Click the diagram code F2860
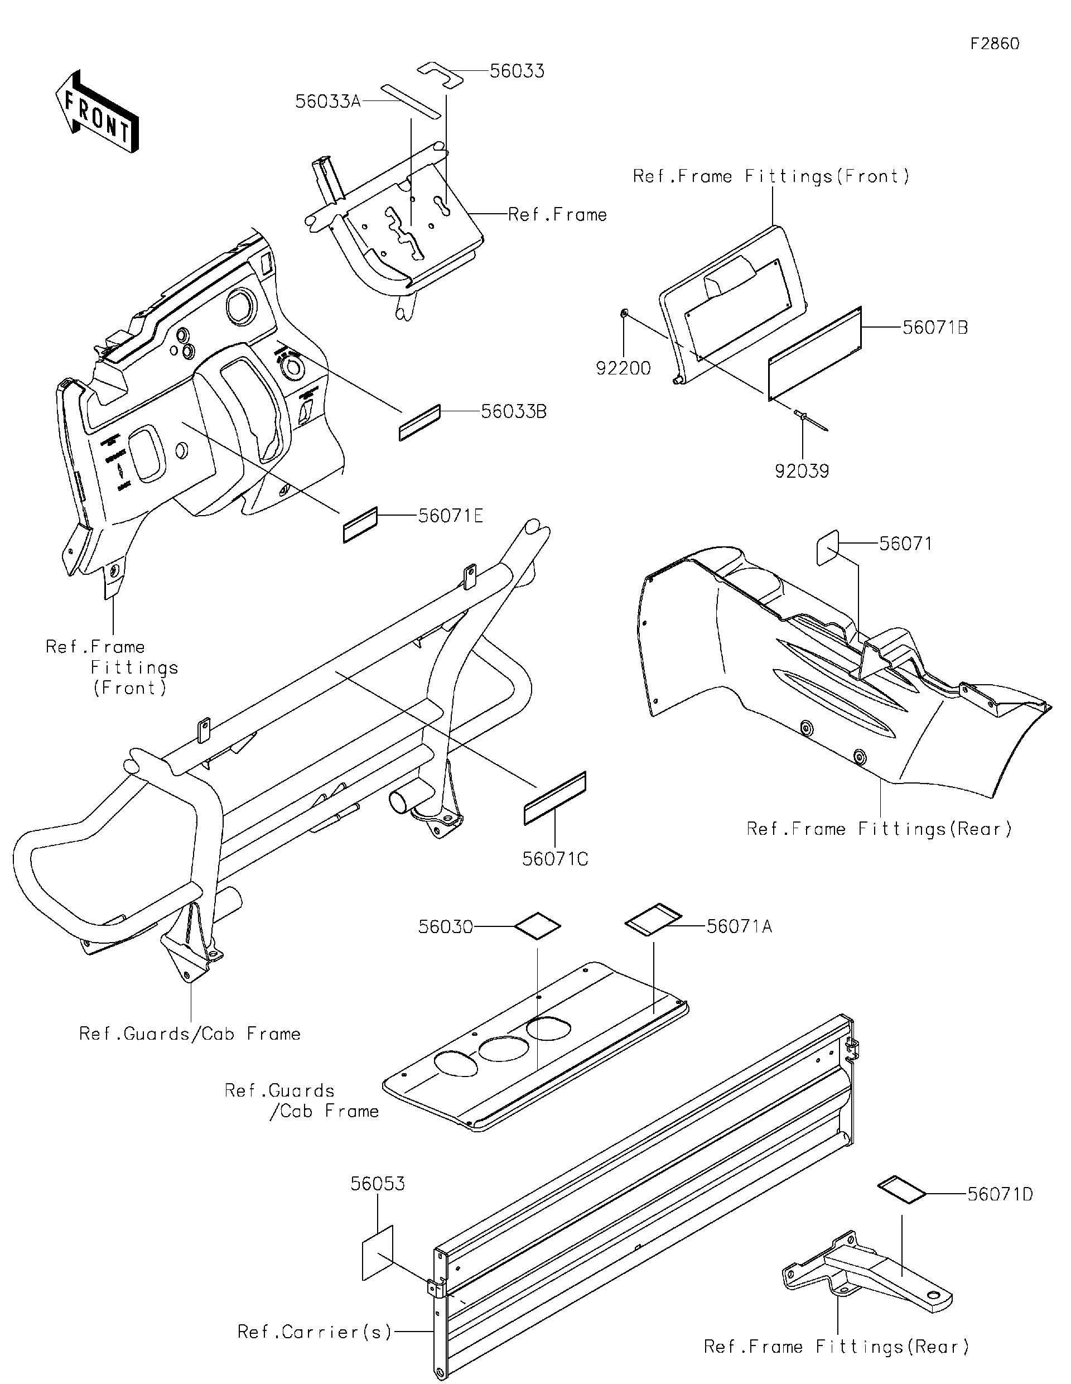click(x=995, y=44)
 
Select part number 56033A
click(x=327, y=102)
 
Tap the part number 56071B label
click(x=934, y=328)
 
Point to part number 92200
click(x=623, y=368)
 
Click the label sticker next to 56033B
click(x=419, y=422)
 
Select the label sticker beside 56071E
click(x=360, y=525)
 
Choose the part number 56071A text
click(x=739, y=926)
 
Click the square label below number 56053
click(x=378, y=1253)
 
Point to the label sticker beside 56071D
click(x=901, y=1191)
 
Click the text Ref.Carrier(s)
click(x=314, y=1332)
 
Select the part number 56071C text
click(x=555, y=859)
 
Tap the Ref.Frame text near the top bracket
click(x=557, y=215)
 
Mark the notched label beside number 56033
click(x=440, y=74)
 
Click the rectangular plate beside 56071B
click(x=815, y=355)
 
